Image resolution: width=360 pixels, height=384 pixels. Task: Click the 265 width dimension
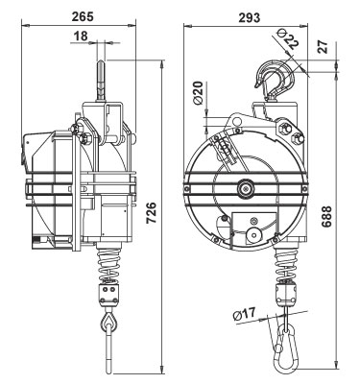pos(83,16)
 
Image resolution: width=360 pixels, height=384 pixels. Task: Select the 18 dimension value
pos(81,36)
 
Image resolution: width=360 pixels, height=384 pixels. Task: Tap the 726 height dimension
pos(151,213)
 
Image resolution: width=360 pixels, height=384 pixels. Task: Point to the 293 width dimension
pos(250,17)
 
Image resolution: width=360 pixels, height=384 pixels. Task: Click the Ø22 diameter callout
pos(287,38)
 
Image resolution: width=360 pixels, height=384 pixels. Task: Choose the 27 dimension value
pos(324,47)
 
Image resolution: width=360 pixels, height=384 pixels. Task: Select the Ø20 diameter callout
pos(199,93)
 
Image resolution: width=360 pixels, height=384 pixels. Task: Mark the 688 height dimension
pos(326,217)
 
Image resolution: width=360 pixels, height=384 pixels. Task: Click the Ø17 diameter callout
pos(245,314)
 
